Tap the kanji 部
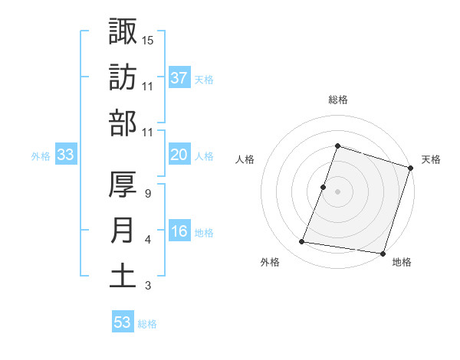click(x=123, y=123)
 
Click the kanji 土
click(x=123, y=277)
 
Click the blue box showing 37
click(x=179, y=77)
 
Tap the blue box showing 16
click(x=179, y=232)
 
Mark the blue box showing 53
click(x=123, y=322)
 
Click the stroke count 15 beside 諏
click(x=147, y=40)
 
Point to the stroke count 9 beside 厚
click(x=147, y=193)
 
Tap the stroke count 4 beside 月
click(x=147, y=240)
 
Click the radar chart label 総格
click(x=337, y=100)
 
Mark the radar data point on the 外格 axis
click(x=302, y=242)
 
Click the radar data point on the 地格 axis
click(x=382, y=253)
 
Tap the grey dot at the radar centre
click(x=337, y=191)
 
